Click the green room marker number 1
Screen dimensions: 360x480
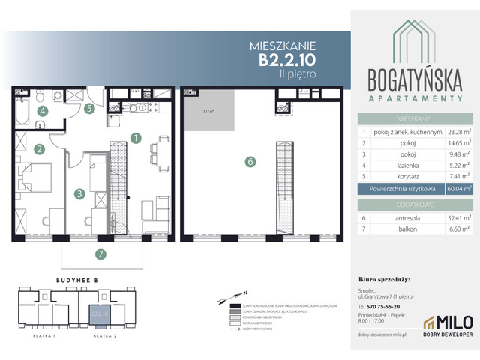136,138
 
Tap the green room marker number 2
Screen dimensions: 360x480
37,149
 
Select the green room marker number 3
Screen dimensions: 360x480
78,193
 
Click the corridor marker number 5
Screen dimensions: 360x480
88,109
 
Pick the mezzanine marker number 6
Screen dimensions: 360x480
251,160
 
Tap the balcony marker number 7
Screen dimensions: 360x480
99,253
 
